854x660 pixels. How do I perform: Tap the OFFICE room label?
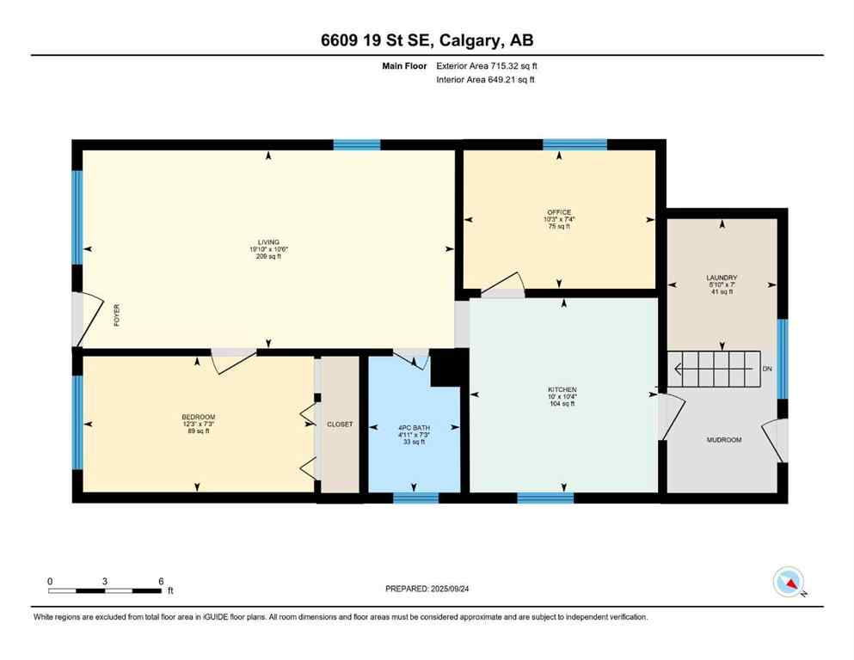559,212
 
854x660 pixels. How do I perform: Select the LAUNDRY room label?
722,278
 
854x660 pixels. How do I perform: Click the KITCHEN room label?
562,389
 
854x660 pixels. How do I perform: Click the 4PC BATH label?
415,427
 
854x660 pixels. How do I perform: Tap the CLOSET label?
340,424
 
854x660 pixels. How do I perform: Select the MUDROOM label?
723,440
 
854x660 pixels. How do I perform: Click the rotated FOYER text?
117,317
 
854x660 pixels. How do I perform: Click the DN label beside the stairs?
767,370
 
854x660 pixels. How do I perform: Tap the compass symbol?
789,582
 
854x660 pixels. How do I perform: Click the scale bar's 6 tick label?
161,581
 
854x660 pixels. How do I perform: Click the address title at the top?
427,40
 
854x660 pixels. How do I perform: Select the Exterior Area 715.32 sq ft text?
488,65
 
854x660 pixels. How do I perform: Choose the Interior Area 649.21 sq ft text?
487,80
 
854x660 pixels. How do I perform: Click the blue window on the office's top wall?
574,144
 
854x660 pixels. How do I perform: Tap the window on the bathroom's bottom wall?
415,498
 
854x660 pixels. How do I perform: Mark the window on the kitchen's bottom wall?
545,498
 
